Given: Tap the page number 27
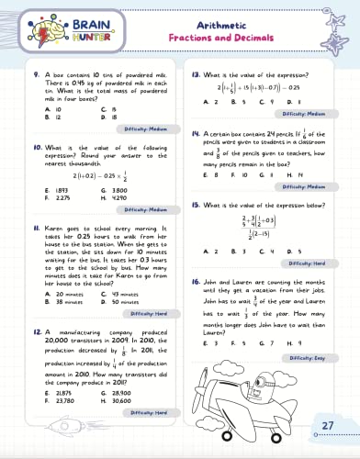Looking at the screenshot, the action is (x=328, y=424).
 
